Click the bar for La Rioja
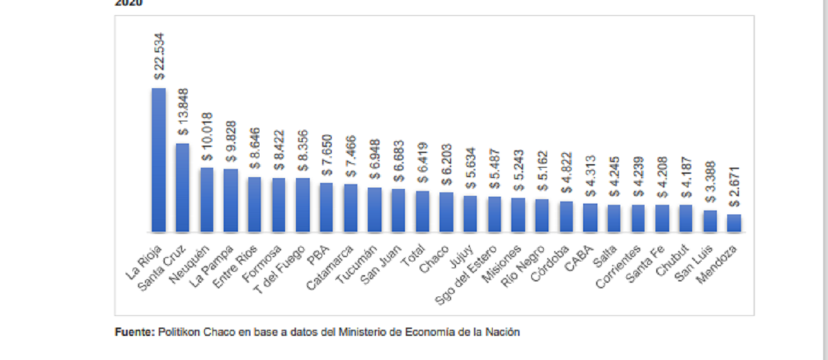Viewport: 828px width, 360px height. pyautogui.click(x=159, y=160)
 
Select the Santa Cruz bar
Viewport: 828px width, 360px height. pyautogui.click(x=183, y=188)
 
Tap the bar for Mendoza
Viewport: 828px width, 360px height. pyautogui.click(x=733, y=223)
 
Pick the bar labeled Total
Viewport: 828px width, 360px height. pyautogui.click(x=422, y=211)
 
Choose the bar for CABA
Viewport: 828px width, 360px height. pyautogui.click(x=590, y=217)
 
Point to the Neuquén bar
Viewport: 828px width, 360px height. pyautogui.click(x=207, y=199)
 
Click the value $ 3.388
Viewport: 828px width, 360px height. pyautogui.click(x=710, y=179)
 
